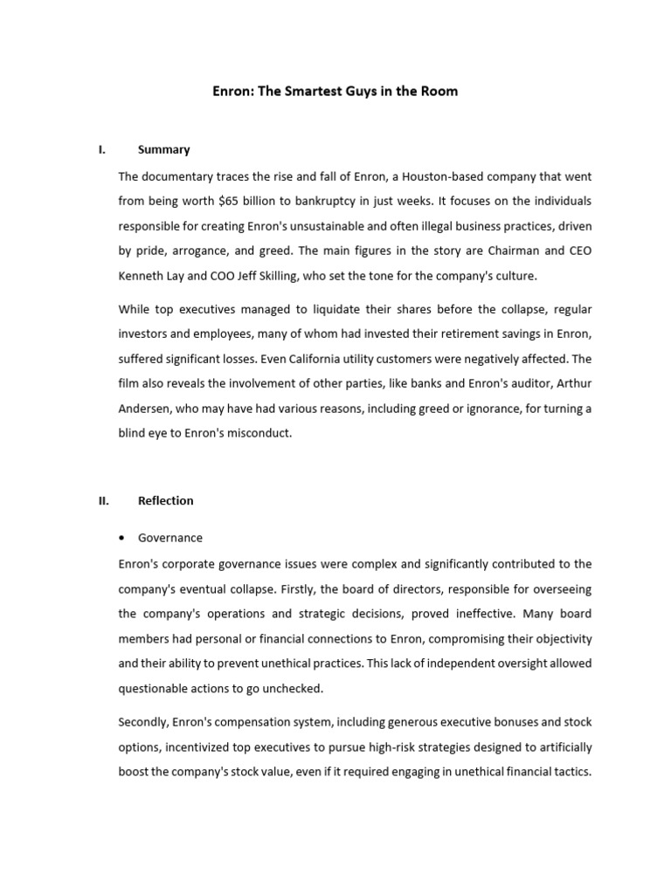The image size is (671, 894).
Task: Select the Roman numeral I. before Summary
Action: (x=102, y=149)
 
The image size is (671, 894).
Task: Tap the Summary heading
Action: (x=163, y=149)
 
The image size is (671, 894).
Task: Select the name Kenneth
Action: (x=142, y=276)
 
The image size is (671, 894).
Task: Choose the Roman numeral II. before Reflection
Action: (x=103, y=500)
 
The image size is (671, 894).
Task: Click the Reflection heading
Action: (x=166, y=500)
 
